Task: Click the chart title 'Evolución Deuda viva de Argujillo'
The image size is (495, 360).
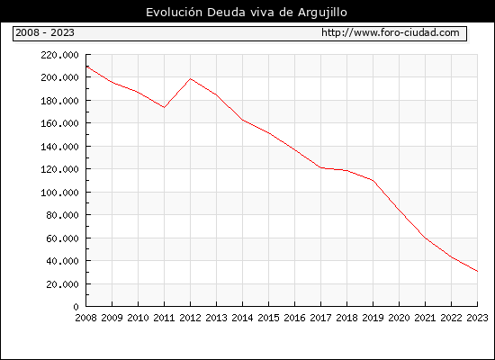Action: [x=247, y=13]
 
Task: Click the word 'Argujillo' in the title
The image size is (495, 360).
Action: [x=322, y=13]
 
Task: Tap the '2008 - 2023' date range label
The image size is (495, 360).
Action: [x=45, y=32]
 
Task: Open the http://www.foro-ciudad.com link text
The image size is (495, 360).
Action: [x=391, y=32]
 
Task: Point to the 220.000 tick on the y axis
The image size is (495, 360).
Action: [x=59, y=55]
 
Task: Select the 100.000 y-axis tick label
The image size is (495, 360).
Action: [x=59, y=193]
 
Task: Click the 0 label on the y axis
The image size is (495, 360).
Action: [x=76, y=307]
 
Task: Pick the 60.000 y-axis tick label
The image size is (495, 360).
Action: [x=62, y=238]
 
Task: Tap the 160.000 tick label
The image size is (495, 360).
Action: [x=59, y=123]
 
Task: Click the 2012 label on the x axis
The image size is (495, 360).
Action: [x=191, y=318]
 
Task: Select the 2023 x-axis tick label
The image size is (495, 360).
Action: [x=477, y=318]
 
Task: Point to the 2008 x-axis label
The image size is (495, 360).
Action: [x=85, y=318]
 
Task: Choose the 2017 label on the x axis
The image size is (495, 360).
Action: [x=320, y=318]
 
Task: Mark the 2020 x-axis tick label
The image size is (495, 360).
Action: [x=399, y=318]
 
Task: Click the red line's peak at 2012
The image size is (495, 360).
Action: [x=191, y=78]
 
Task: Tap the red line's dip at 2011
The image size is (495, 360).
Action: [x=164, y=107]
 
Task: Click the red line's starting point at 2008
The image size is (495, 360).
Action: [x=86, y=67]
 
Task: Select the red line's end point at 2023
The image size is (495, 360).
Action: [x=477, y=271]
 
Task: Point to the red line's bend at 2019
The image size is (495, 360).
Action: [x=373, y=181]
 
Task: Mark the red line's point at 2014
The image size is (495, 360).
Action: [x=242, y=120]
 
